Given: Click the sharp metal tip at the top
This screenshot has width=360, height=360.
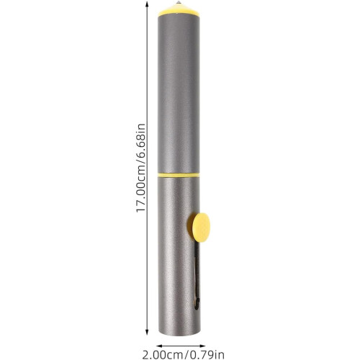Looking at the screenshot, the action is tap(179, 3).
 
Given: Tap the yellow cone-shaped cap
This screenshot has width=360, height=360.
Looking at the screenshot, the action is tap(179, 11).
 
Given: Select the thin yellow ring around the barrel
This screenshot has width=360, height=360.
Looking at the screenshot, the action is tap(179, 175).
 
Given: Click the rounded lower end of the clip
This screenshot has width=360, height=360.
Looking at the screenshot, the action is tap(196, 305).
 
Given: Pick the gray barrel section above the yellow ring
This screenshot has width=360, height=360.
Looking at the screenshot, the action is tap(179, 94).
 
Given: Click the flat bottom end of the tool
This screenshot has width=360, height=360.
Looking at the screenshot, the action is tap(179, 333).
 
